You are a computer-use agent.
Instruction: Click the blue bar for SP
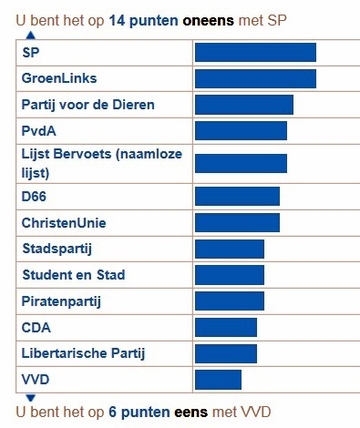[255, 53]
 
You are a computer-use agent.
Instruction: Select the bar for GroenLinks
[255, 79]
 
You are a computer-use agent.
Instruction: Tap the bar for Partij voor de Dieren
[244, 105]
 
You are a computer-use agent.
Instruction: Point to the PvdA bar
[241, 131]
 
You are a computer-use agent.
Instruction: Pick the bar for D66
[237, 196]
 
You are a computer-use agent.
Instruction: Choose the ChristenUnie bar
[237, 222]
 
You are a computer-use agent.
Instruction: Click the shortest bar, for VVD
[218, 380]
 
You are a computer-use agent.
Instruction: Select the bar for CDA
[226, 327]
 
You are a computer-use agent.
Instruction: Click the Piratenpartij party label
[60, 301]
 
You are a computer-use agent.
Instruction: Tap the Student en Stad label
[74, 275]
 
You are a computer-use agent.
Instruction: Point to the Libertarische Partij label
[84, 353]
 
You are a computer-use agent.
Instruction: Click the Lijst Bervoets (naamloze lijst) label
[101, 163]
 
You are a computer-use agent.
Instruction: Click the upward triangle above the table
[30, 35]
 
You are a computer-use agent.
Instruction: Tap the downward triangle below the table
[30, 397]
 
